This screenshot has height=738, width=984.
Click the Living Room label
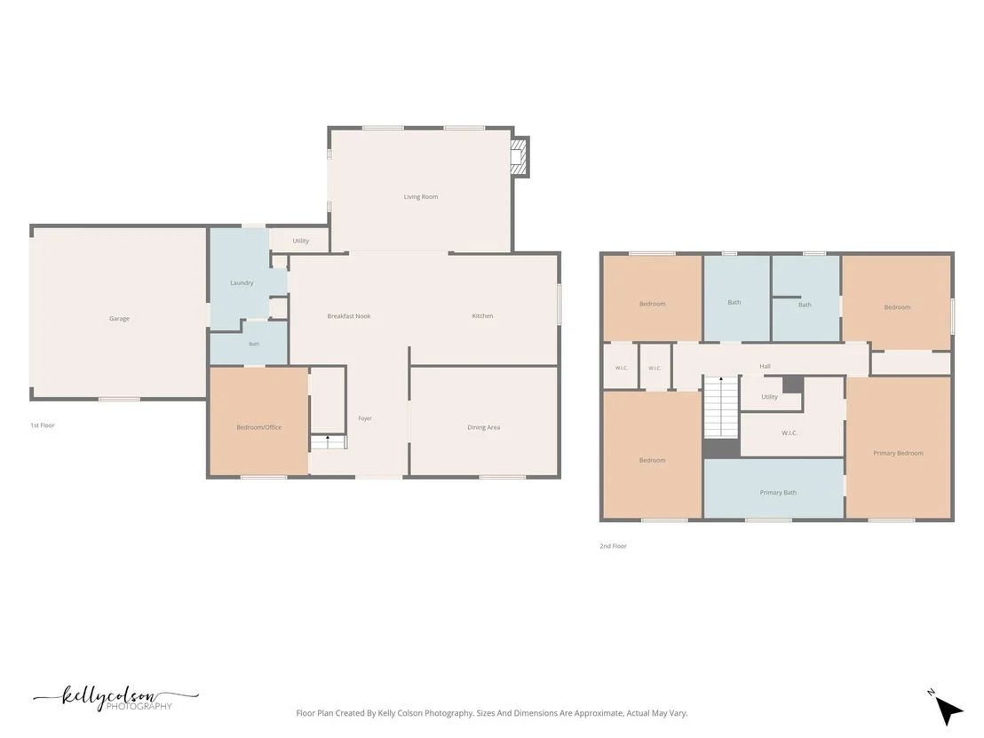[x=420, y=197]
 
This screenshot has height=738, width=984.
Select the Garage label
[x=119, y=319]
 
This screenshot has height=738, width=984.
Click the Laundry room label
[x=242, y=283]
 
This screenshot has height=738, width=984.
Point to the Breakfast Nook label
[x=349, y=316]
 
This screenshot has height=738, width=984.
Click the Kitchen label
[x=482, y=316]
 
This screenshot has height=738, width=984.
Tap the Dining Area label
[x=484, y=428]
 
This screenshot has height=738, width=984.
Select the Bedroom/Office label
[x=259, y=428]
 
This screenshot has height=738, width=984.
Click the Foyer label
[x=365, y=418]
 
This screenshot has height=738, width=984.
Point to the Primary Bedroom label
[x=898, y=453]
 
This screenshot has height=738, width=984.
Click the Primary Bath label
[x=778, y=493]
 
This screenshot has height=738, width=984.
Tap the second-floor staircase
[x=721, y=407]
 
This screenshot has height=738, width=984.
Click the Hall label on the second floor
[x=765, y=367]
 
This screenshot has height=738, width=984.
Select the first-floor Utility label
[x=300, y=241]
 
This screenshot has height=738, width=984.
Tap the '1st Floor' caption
[x=43, y=425]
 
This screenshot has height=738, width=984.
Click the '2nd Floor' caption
[x=613, y=546]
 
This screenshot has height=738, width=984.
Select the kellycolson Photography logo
[x=116, y=698]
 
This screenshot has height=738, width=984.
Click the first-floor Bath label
[x=254, y=345]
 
